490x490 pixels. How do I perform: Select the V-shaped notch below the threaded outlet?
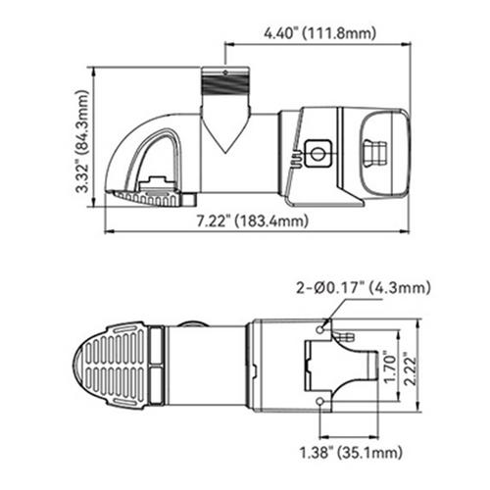pyautogui.click(x=224, y=133)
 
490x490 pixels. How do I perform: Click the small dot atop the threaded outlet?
pyautogui.click(x=224, y=71)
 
